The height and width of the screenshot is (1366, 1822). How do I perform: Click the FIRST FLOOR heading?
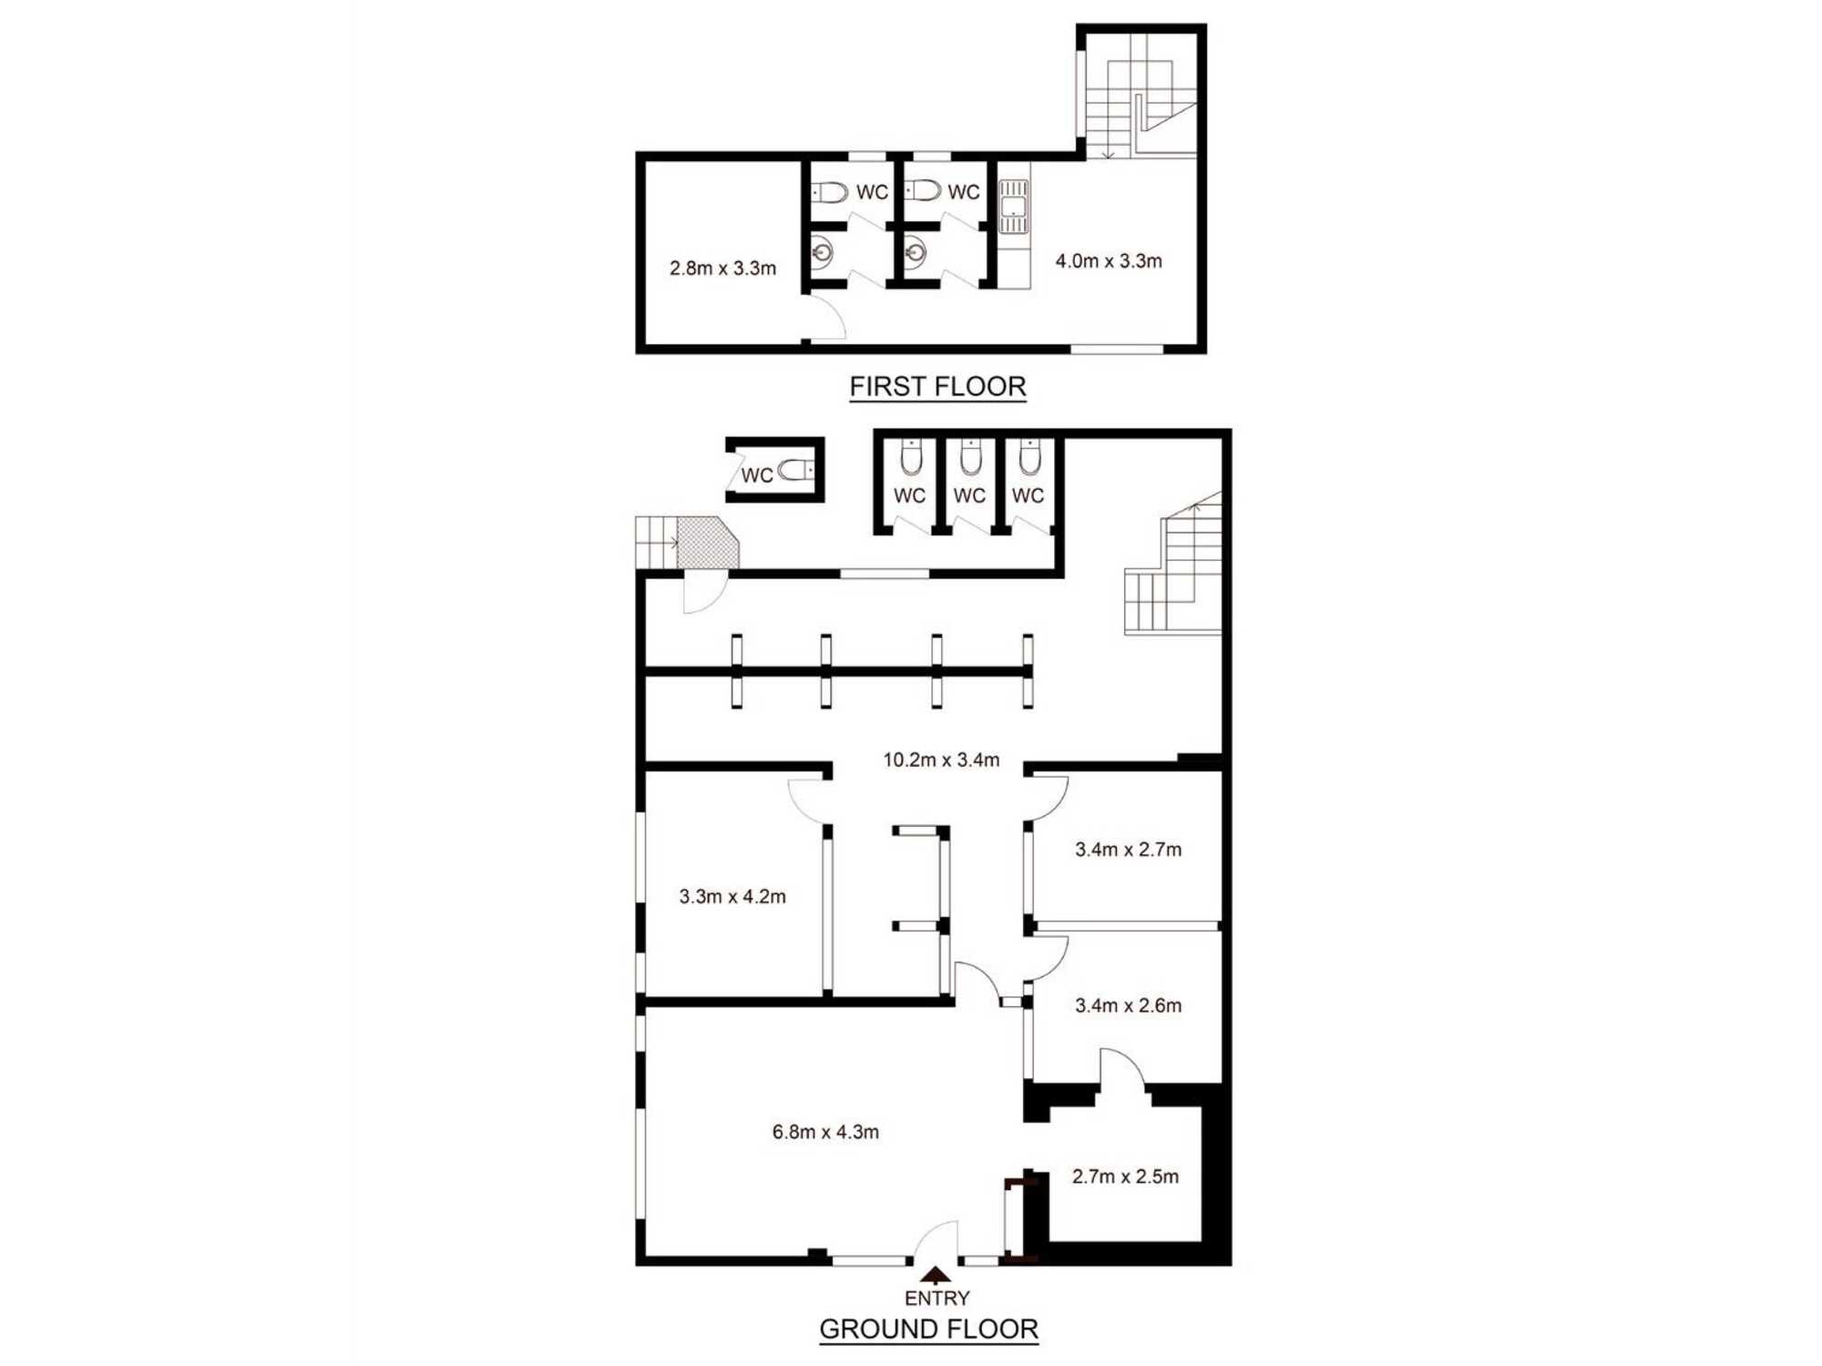[937, 386]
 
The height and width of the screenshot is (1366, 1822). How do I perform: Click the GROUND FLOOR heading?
[928, 1329]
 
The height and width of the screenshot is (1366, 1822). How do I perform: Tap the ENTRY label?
[937, 1298]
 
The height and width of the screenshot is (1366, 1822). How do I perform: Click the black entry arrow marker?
[936, 1275]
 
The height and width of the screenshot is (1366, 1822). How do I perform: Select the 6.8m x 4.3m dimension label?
[825, 1132]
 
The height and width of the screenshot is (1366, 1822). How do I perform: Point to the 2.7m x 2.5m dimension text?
[1125, 1177]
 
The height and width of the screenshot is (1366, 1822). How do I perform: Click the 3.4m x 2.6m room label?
[1128, 1005]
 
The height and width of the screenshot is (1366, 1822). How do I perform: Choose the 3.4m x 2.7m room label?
[1128, 850]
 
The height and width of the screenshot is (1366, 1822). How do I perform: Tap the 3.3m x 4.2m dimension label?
[732, 897]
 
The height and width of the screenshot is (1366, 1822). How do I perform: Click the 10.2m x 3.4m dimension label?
[941, 759]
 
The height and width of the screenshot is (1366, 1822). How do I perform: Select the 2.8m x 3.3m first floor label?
[722, 269]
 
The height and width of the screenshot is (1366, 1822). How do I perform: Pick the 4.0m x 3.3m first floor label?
[1109, 261]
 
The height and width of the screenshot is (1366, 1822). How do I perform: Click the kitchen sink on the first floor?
[1013, 207]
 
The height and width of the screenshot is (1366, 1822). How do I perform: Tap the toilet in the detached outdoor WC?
[795, 470]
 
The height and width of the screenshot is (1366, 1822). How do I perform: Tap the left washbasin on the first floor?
[822, 253]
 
